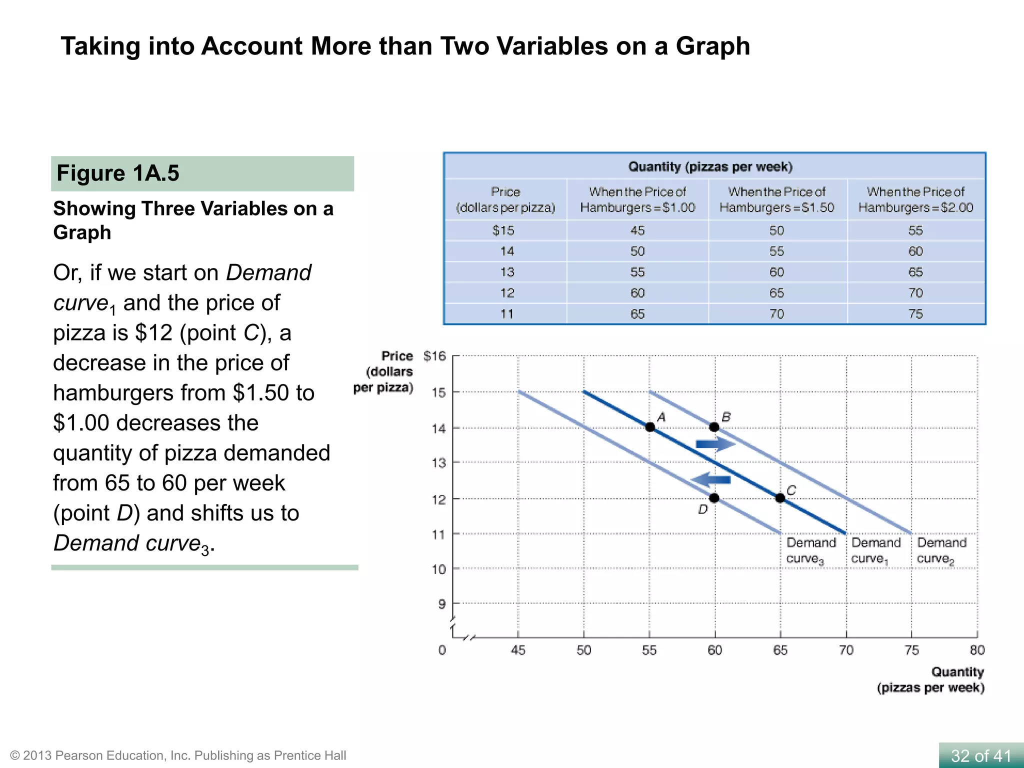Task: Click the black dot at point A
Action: [649, 427]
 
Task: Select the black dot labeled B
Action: [714, 427]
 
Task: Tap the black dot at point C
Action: [780, 498]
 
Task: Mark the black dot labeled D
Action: [714, 498]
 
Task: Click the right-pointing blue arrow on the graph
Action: [715, 444]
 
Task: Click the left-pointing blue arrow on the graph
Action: [710, 479]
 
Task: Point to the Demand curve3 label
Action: [810, 550]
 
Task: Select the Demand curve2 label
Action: [941, 550]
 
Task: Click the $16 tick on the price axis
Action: [434, 356]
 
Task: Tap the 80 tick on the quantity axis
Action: [977, 650]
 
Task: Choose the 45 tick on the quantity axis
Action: [518, 650]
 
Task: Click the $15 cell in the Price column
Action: [503, 230]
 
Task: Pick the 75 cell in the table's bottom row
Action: [915, 314]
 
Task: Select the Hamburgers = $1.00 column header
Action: [637, 199]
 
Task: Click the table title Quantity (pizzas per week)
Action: [710, 166]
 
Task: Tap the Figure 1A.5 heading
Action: [118, 173]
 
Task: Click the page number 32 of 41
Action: [980, 755]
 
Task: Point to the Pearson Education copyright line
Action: [178, 755]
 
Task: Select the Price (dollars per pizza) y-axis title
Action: [384, 371]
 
